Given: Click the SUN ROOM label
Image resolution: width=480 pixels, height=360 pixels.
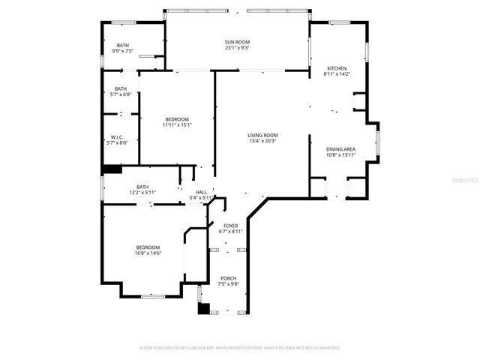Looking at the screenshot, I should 237,42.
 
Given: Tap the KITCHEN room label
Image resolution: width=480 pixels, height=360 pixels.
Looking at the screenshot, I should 334,68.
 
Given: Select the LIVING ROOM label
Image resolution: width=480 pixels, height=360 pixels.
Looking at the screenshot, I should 262,135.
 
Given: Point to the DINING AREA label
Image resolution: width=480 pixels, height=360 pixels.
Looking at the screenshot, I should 340,149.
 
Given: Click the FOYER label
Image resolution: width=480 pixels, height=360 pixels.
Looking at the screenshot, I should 230,226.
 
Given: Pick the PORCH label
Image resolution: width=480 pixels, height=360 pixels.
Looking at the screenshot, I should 228,278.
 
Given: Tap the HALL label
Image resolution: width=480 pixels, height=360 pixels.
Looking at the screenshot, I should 201,193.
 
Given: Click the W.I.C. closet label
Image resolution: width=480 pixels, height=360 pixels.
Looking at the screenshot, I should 116,136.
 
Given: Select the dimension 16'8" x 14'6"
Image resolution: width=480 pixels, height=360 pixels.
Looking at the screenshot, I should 148,253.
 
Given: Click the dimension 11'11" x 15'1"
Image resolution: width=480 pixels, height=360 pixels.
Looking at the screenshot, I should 177,125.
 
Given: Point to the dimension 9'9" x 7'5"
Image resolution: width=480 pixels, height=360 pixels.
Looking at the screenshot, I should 122,51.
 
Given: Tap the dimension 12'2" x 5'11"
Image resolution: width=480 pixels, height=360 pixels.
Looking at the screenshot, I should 142,193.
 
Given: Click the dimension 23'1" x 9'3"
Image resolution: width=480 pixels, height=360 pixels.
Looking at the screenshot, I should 237,48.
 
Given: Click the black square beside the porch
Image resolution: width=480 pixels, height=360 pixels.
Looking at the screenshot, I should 203,307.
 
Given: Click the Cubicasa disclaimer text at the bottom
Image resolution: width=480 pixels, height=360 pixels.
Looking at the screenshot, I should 240,348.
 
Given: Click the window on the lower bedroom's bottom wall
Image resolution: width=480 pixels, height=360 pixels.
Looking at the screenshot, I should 153,296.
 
